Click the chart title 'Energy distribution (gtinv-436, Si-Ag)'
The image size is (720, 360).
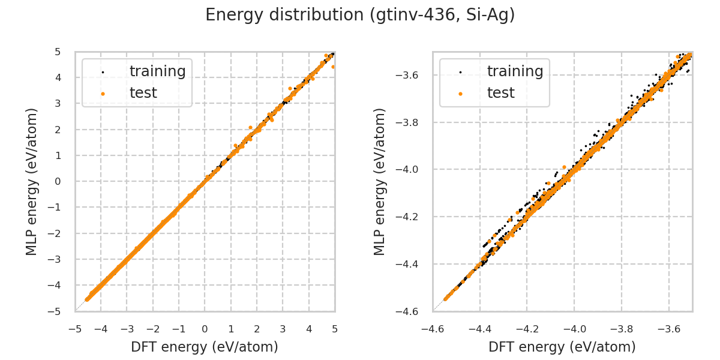click(x=360, y=15)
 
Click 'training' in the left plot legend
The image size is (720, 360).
click(x=157, y=71)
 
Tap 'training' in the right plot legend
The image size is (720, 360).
click(x=515, y=71)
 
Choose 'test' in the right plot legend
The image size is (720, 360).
click(x=500, y=93)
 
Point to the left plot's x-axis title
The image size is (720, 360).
click(x=205, y=347)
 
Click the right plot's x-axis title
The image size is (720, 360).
click(x=562, y=347)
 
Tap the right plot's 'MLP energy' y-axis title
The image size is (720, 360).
click(x=380, y=181)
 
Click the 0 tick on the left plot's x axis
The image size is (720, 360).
click(x=205, y=329)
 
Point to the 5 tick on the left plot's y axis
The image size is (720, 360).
click(x=58, y=52)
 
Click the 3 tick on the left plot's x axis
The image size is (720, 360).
click(x=283, y=329)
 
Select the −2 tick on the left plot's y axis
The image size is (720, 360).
click(x=56, y=233)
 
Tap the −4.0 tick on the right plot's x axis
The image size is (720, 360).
click(x=574, y=329)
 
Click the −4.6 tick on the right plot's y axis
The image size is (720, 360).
click(x=411, y=311)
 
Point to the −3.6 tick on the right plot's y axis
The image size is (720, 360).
click(x=411, y=76)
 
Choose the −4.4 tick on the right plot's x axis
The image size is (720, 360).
click(x=479, y=329)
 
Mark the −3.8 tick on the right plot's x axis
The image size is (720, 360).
click(x=621, y=329)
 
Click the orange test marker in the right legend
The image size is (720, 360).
click(x=460, y=94)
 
